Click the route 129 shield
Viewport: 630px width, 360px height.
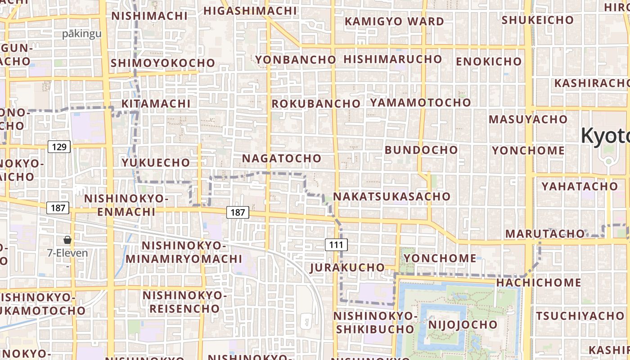click(x=59, y=147)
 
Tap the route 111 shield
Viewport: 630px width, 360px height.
click(x=336, y=245)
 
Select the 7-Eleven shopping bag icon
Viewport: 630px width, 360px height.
click(x=67, y=240)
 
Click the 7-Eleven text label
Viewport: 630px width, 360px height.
click(x=67, y=253)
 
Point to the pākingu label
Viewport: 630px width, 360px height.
click(x=82, y=34)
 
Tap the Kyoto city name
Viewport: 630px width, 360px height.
click(x=605, y=135)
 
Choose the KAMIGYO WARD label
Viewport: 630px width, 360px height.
click(x=394, y=21)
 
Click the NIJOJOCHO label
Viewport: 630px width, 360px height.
click(x=463, y=324)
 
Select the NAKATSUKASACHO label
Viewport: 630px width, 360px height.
click(x=391, y=196)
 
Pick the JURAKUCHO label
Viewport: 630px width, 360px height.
click(x=347, y=267)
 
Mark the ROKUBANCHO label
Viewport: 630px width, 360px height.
click(x=316, y=103)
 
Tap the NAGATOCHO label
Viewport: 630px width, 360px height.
click(x=282, y=158)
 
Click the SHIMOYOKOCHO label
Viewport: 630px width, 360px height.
click(x=162, y=63)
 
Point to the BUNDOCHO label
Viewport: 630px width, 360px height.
click(x=421, y=149)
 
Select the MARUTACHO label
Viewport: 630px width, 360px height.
click(x=544, y=234)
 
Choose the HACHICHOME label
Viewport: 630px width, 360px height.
click(x=539, y=283)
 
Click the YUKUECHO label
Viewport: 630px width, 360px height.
click(x=156, y=162)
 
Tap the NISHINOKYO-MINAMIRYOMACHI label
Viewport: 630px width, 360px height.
click(x=184, y=252)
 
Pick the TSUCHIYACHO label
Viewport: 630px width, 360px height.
click(x=580, y=315)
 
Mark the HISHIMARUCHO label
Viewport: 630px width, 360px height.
click(x=392, y=59)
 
